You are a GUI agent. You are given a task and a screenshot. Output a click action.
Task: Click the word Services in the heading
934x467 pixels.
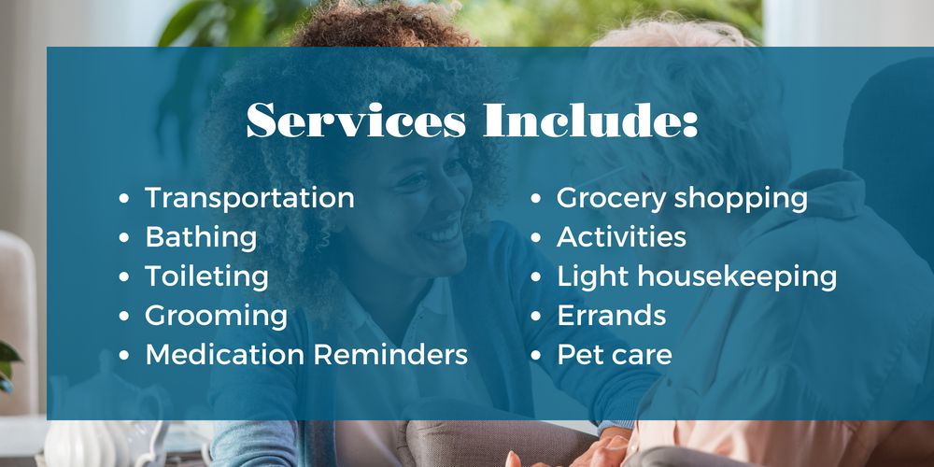[x=356, y=122]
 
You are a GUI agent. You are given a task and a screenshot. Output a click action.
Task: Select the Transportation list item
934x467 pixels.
[x=249, y=198]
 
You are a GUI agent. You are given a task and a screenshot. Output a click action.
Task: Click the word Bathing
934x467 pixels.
[x=201, y=237]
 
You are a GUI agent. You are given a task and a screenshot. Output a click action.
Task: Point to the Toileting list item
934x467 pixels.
[x=206, y=276]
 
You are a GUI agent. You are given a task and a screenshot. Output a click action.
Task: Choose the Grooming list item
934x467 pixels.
[x=216, y=316]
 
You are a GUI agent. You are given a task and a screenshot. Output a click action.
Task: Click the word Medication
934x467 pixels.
[x=224, y=355]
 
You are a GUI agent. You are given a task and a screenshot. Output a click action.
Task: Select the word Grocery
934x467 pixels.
[x=611, y=198]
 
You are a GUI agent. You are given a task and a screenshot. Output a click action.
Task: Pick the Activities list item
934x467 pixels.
[x=621, y=237]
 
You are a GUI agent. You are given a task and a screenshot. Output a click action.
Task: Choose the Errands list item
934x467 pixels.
[x=611, y=316]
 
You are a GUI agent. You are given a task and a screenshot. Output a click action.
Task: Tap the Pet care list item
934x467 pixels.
[x=614, y=355]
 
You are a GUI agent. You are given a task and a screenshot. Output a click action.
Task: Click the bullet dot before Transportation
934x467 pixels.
[x=125, y=199]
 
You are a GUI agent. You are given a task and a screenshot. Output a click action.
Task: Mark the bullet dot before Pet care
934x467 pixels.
[x=536, y=356]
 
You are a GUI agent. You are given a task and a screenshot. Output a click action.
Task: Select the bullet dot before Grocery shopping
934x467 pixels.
[x=536, y=199]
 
